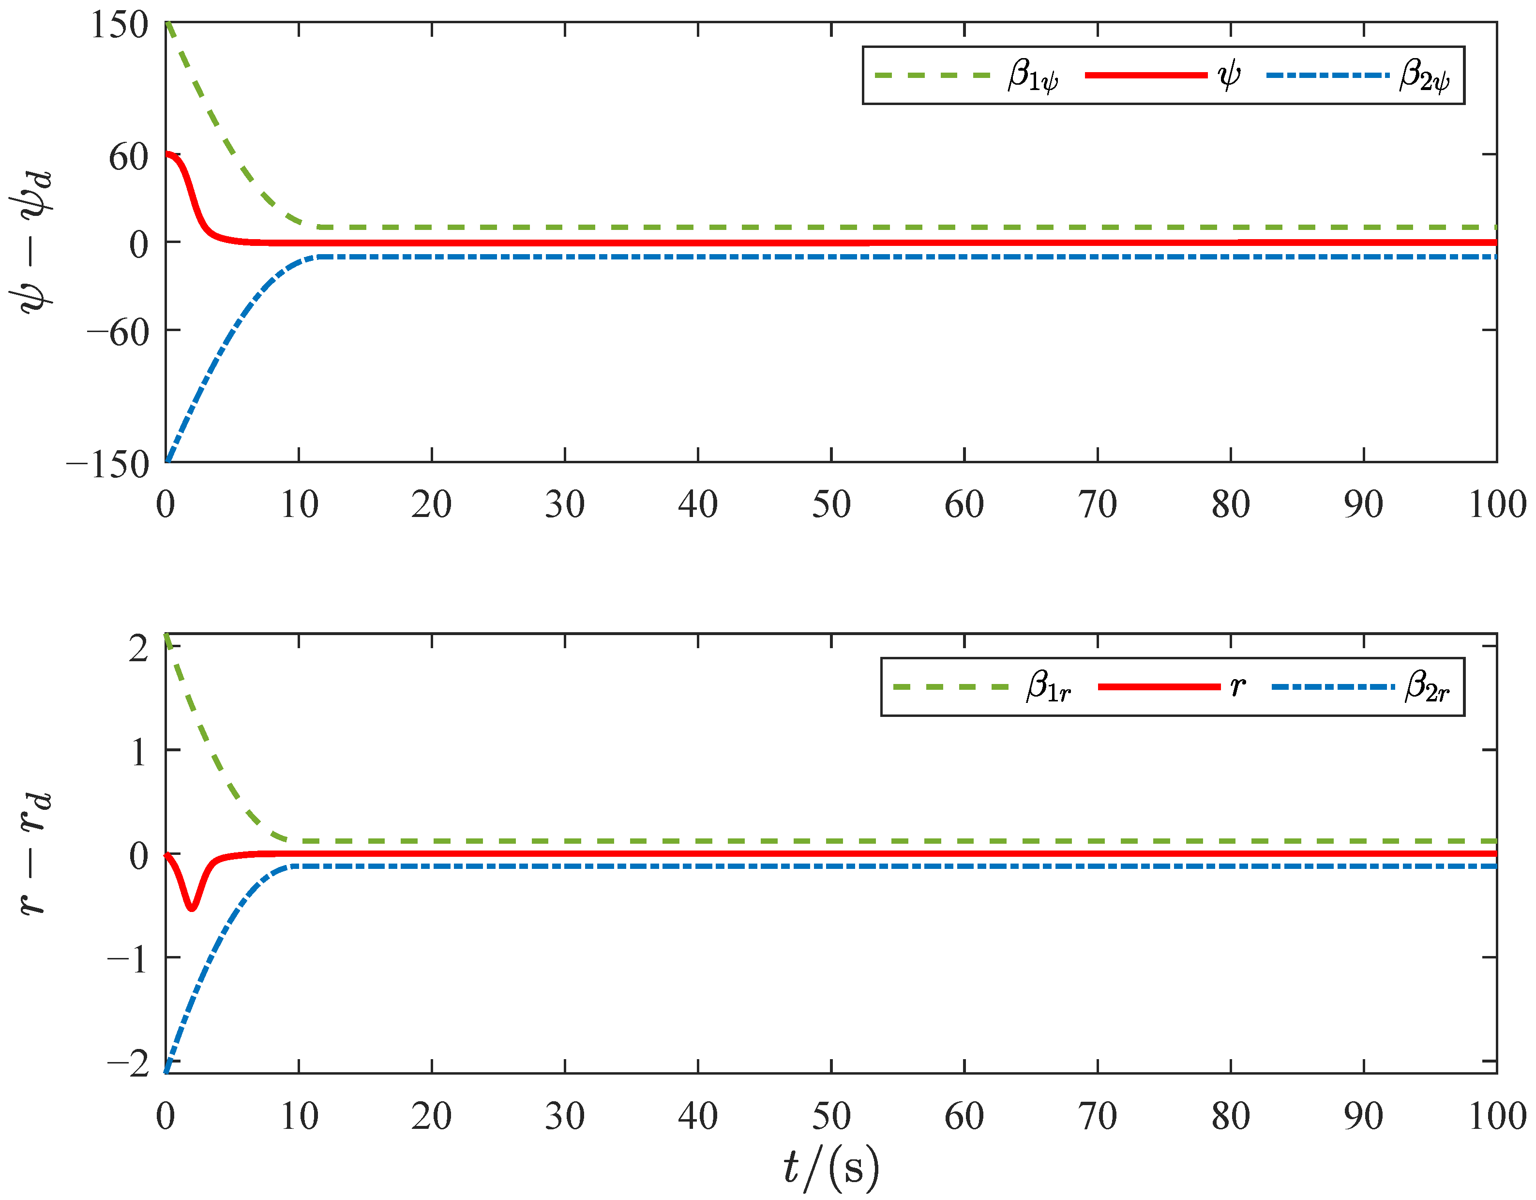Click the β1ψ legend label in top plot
(x=1032, y=76)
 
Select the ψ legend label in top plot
(x=1229, y=75)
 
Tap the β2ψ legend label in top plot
(x=1423, y=76)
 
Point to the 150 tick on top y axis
(x=119, y=25)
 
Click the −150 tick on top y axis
(x=107, y=464)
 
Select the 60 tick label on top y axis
(x=128, y=156)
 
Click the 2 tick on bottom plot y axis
(x=138, y=648)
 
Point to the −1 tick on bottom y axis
(x=127, y=959)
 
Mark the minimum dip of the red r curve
(x=191, y=908)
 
